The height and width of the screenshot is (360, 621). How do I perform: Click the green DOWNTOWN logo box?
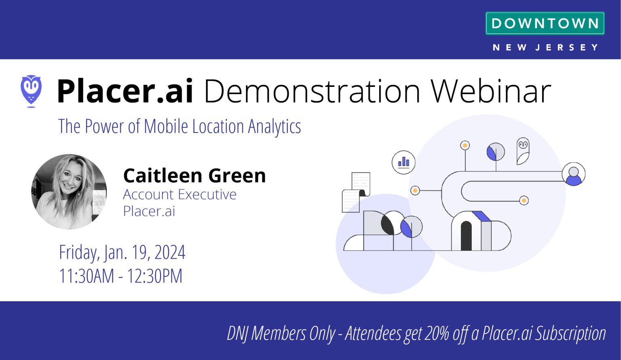545,23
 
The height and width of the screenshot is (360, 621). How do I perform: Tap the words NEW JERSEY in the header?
545,48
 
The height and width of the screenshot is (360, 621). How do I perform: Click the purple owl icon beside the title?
31,91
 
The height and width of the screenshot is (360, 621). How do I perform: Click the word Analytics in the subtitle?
275,126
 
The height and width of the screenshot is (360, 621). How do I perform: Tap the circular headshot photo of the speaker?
69,192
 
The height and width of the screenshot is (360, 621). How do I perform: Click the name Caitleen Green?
194,175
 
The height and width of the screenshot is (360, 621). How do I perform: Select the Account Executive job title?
180,194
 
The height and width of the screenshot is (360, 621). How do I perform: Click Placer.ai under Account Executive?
149,211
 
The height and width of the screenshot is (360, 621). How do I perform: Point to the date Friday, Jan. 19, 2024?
122,253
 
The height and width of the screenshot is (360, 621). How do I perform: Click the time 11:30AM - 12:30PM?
120,276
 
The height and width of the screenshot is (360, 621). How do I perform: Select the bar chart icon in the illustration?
403,162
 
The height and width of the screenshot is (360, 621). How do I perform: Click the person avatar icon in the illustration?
573,174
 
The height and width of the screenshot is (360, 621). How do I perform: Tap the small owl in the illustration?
523,151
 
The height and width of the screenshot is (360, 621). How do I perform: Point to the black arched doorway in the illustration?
466,236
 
